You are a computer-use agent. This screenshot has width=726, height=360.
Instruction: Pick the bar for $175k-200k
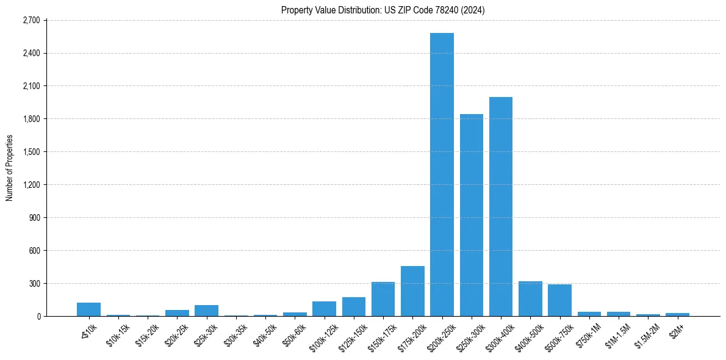tap(412, 291)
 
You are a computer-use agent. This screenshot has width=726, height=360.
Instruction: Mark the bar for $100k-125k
tap(324, 309)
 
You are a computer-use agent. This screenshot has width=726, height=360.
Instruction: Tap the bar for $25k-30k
tap(206, 311)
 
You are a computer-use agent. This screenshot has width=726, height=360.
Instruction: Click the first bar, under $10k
tap(88, 309)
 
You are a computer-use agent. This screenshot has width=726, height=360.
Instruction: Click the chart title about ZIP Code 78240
tap(383, 10)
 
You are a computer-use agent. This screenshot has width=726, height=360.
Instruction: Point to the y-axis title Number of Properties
tap(9, 168)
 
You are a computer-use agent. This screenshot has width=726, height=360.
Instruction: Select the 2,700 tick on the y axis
tap(31, 20)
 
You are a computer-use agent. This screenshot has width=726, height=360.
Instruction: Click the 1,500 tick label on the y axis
tap(31, 152)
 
